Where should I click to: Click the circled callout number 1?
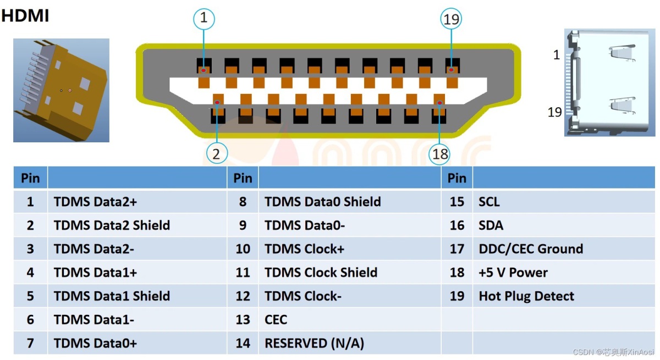204,19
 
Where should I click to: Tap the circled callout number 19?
451,19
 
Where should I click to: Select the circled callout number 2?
216,154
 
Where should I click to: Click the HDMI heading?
25,16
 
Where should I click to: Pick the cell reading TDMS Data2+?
95,202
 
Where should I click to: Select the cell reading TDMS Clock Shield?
321,273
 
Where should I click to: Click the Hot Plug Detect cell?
526,296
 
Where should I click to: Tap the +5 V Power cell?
513,273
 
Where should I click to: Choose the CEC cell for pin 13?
276,320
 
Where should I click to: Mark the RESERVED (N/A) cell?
314,344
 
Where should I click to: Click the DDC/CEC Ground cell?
531,249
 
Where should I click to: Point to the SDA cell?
491,225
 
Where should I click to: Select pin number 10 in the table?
243,249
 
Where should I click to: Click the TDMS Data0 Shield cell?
322,202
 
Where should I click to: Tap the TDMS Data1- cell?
94,320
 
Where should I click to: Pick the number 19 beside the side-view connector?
555,112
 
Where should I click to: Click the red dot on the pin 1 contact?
204,70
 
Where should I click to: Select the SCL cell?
490,202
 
